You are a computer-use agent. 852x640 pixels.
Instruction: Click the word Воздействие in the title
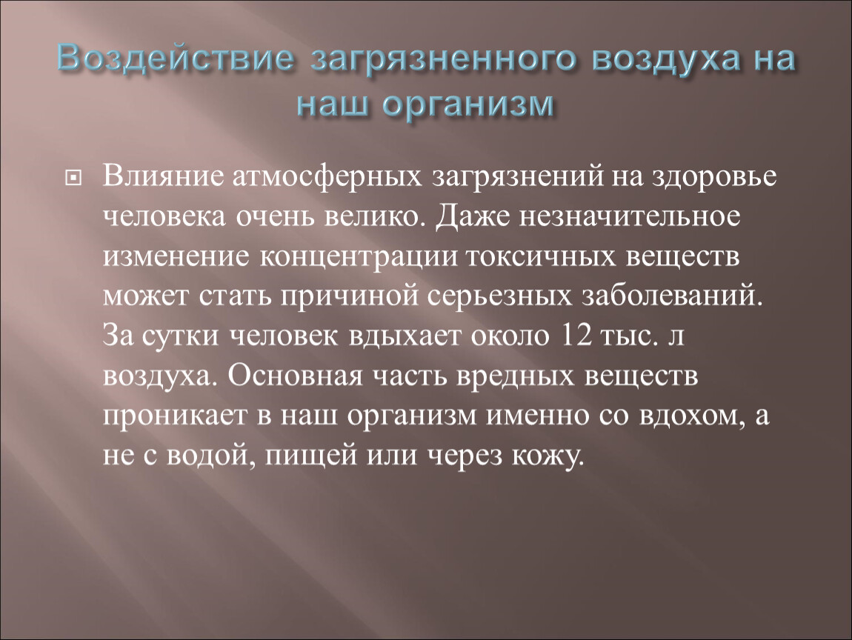[175, 59]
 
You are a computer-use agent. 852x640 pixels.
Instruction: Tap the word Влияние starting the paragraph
[163, 176]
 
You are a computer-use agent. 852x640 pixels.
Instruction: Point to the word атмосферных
[327, 177]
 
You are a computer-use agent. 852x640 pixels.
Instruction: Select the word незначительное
[629, 217]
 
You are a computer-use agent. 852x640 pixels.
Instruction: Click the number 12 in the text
[575, 336]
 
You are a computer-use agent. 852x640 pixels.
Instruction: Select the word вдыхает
[405, 336]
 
